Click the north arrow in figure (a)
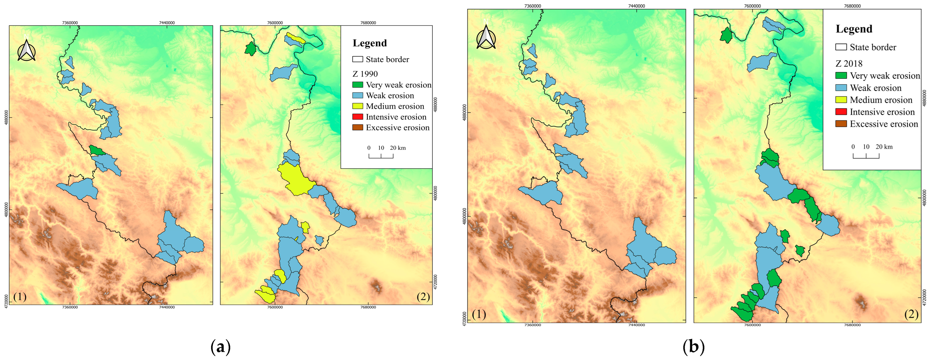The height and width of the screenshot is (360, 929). click(26, 50)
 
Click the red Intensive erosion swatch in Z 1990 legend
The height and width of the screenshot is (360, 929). click(357, 117)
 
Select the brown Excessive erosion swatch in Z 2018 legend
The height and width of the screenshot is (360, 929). click(841, 124)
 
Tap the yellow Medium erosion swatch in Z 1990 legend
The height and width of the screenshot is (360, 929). click(357, 106)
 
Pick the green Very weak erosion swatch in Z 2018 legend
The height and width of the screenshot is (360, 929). click(841, 76)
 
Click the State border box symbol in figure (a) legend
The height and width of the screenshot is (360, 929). click(357, 59)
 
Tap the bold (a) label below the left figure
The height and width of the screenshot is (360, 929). click(220, 347)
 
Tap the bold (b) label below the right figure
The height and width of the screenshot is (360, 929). click(693, 347)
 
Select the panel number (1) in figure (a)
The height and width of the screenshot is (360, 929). click(20, 297)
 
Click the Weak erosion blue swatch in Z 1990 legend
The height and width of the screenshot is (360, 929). click(357, 95)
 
